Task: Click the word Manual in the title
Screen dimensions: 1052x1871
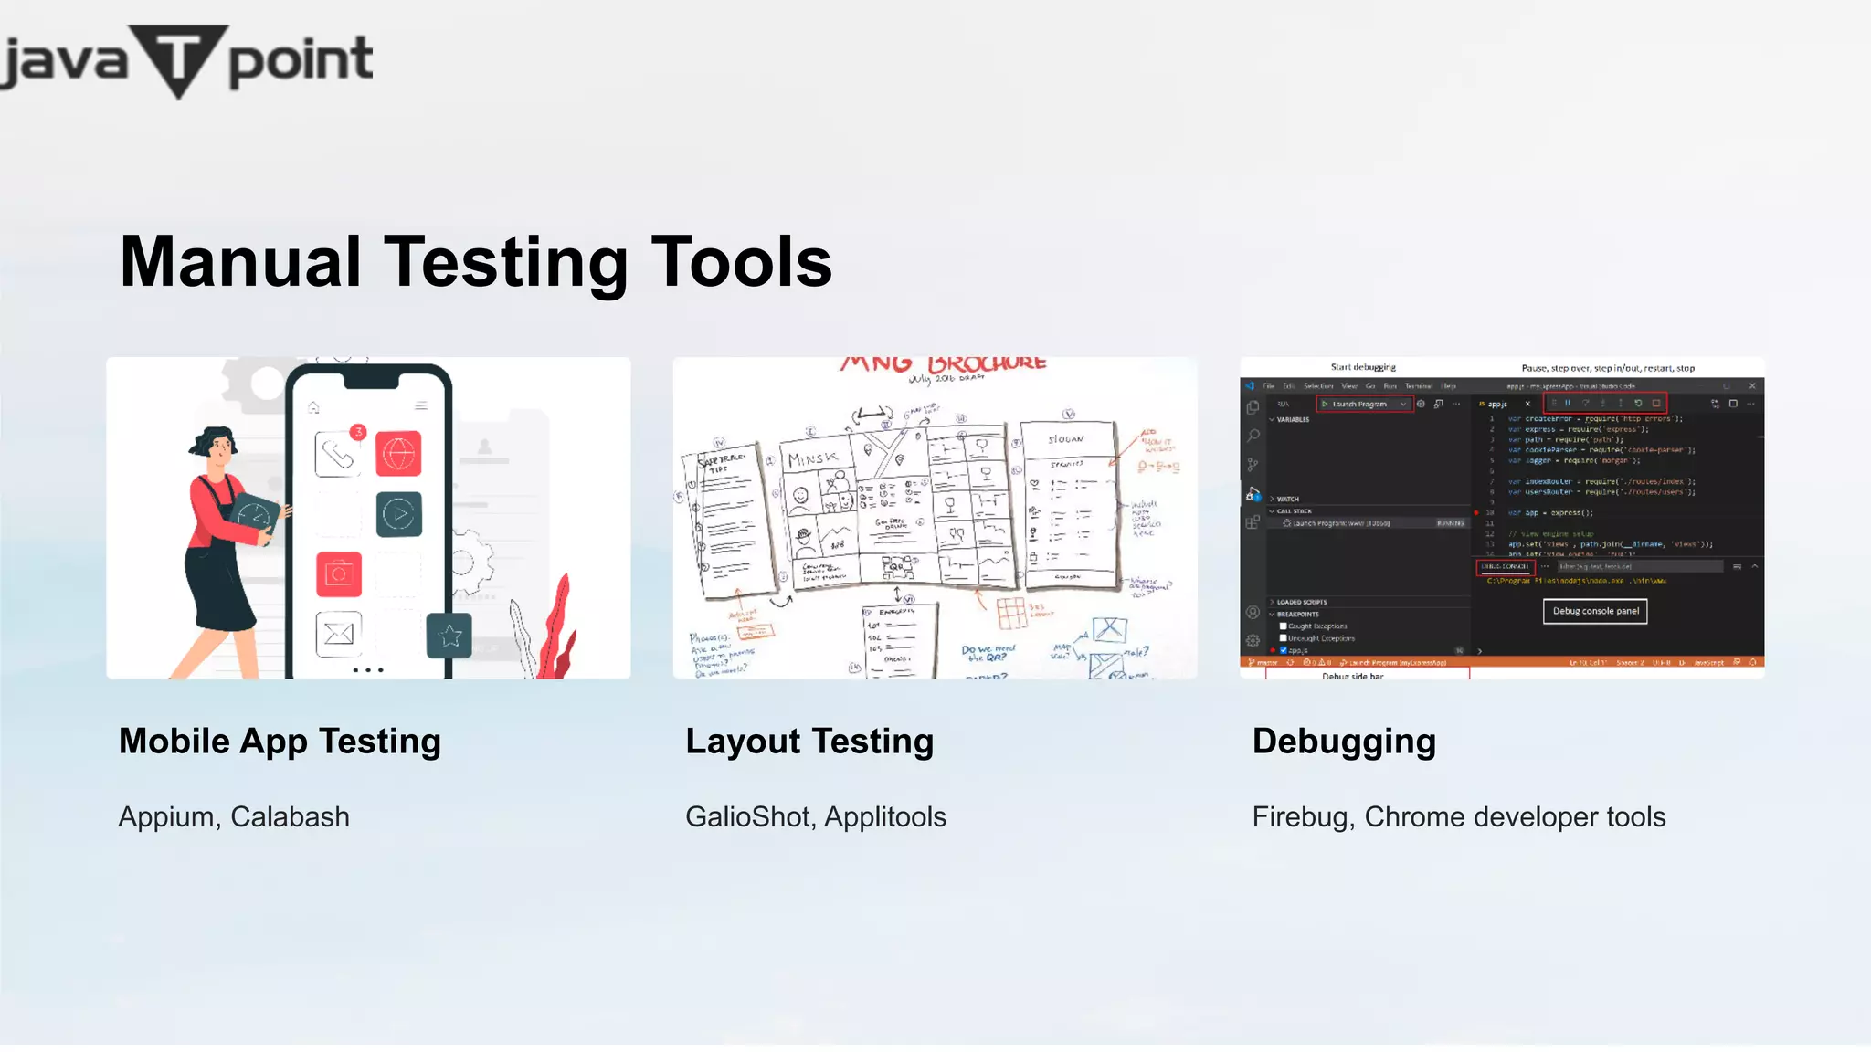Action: (x=240, y=262)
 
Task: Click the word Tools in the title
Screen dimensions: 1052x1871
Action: (x=741, y=262)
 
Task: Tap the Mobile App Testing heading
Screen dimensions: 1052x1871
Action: (x=280, y=742)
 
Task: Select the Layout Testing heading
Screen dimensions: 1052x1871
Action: (x=809, y=742)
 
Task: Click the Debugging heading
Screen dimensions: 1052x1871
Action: (x=1344, y=742)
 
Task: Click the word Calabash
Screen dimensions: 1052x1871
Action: (x=290, y=816)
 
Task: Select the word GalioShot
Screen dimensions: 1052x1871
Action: (x=748, y=816)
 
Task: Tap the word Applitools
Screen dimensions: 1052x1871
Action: (x=885, y=816)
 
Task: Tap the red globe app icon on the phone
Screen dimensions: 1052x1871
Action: (x=398, y=454)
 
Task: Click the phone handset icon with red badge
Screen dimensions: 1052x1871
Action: (x=338, y=454)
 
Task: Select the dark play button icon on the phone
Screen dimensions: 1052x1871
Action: (x=399, y=514)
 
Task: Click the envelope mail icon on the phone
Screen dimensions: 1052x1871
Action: (x=338, y=634)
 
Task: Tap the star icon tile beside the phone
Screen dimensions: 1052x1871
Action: (x=449, y=636)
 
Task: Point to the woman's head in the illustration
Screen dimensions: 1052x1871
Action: (x=216, y=447)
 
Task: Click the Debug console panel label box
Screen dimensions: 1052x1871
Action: (x=1595, y=611)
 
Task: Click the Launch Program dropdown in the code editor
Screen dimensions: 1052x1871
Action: (x=1365, y=404)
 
